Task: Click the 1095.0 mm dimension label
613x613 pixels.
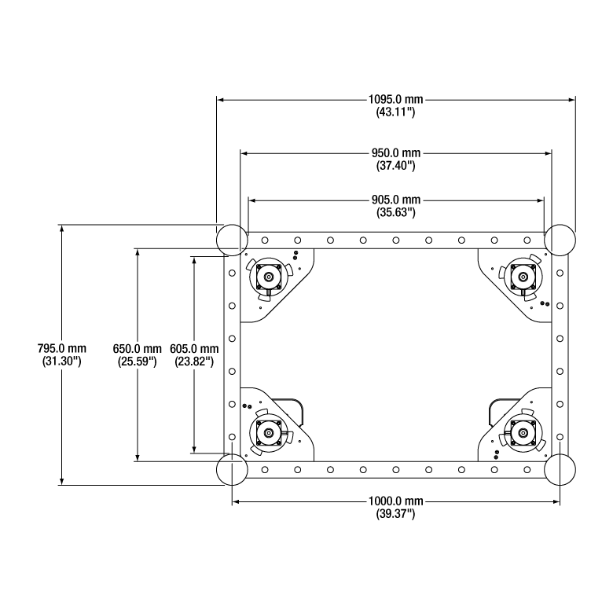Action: [x=395, y=100]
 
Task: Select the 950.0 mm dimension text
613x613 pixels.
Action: [x=395, y=152]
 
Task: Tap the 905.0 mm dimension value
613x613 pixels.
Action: [x=395, y=199]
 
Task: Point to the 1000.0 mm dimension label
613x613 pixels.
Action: [x=395, y=501]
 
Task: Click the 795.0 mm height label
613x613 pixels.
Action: [x=62, y=348]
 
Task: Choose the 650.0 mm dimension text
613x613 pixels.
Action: [x=137, y=348]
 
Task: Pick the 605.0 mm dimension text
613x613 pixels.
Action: [x=194, y=348]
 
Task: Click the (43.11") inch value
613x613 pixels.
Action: [x=395, y=113]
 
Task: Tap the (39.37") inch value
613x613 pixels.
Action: [x=395, y=514]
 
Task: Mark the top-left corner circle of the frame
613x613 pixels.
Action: [x=232, y=239]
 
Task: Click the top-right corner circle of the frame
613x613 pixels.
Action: [x=560, y=239]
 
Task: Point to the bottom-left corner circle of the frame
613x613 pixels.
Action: [x=232, y=470]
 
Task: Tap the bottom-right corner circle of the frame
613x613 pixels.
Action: [x=560, y=470]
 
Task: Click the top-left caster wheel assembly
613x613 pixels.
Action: [x=270, y=277]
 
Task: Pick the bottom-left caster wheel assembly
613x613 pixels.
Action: [x=270, y=432]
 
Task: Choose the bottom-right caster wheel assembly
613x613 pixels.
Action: [x=521, y=432]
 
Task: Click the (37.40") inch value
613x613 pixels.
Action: [x=395, y=166]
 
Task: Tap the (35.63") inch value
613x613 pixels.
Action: [x=395, y=212]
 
